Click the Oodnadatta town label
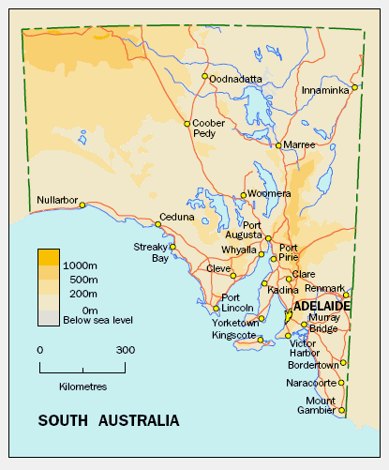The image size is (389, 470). coord(236,79)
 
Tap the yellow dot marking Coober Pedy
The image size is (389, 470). coord(187,123)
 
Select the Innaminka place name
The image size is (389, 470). coord(325,90)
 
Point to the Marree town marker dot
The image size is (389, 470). coord(278,145)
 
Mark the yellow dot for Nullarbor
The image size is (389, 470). coord(82,205)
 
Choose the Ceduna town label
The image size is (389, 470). coord(177,217)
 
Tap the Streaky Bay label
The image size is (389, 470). coord(150,252)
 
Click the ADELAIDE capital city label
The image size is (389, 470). coord(322,307)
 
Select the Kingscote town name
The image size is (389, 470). coord(233,335)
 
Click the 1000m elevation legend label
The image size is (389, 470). coord(81,266)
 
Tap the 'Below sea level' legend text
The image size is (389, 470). coord(97,320)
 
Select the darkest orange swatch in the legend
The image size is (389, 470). coord(49,256)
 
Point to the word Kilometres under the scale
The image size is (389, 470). coord(82,387)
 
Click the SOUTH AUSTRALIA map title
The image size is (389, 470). coord(109,420)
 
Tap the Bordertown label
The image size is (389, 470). coord(314,364)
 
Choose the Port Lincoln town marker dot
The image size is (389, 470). coord(217,308)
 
